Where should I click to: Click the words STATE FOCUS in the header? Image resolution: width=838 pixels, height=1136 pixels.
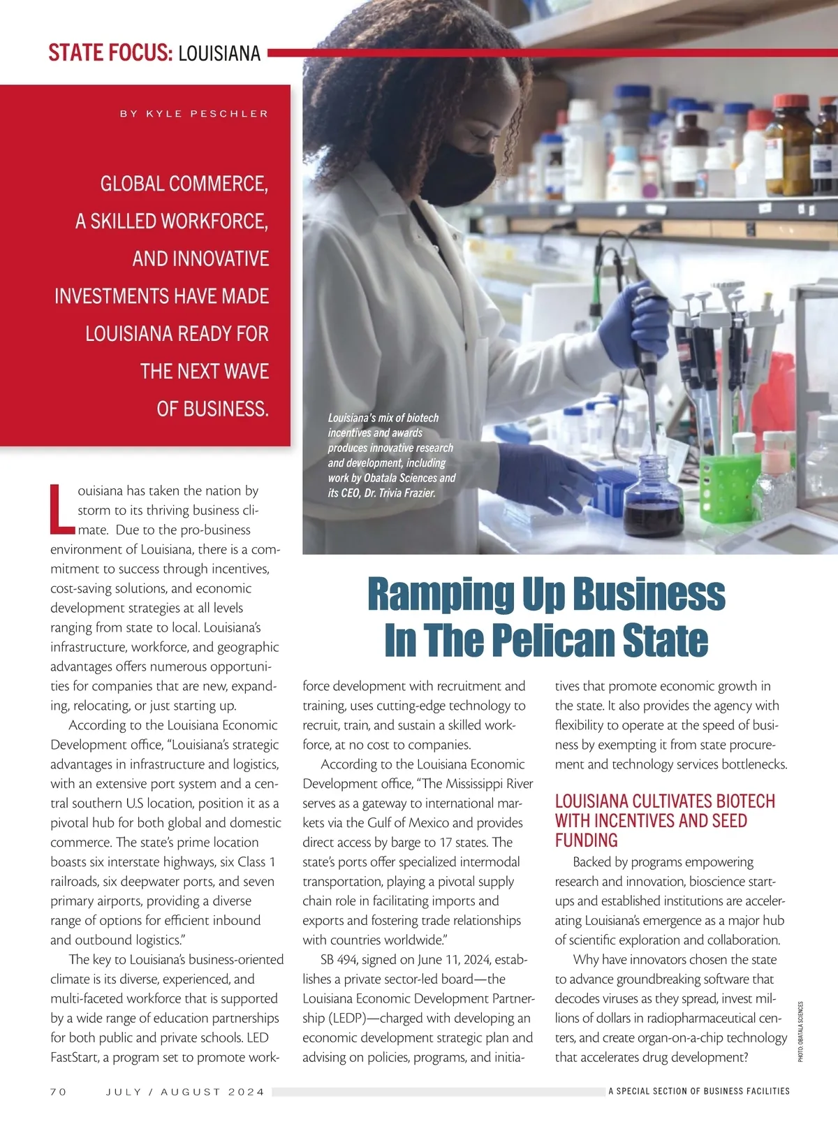point(110,53)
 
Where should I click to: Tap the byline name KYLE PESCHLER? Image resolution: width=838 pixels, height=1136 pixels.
point(207,114)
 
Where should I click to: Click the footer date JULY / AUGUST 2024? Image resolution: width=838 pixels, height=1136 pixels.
point(185,1091)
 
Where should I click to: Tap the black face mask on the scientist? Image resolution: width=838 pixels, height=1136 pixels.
point(457,173)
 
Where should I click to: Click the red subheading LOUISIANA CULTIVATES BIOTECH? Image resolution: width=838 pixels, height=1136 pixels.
point(664,801)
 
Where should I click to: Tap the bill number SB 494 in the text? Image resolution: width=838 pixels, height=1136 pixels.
point(336,960)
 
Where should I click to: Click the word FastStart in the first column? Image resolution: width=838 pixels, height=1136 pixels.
point(75,1058)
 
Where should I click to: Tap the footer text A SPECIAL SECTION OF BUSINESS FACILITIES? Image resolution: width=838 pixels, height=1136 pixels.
point(698,1091)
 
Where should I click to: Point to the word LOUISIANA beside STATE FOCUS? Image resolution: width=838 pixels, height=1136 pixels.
point(219,54)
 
